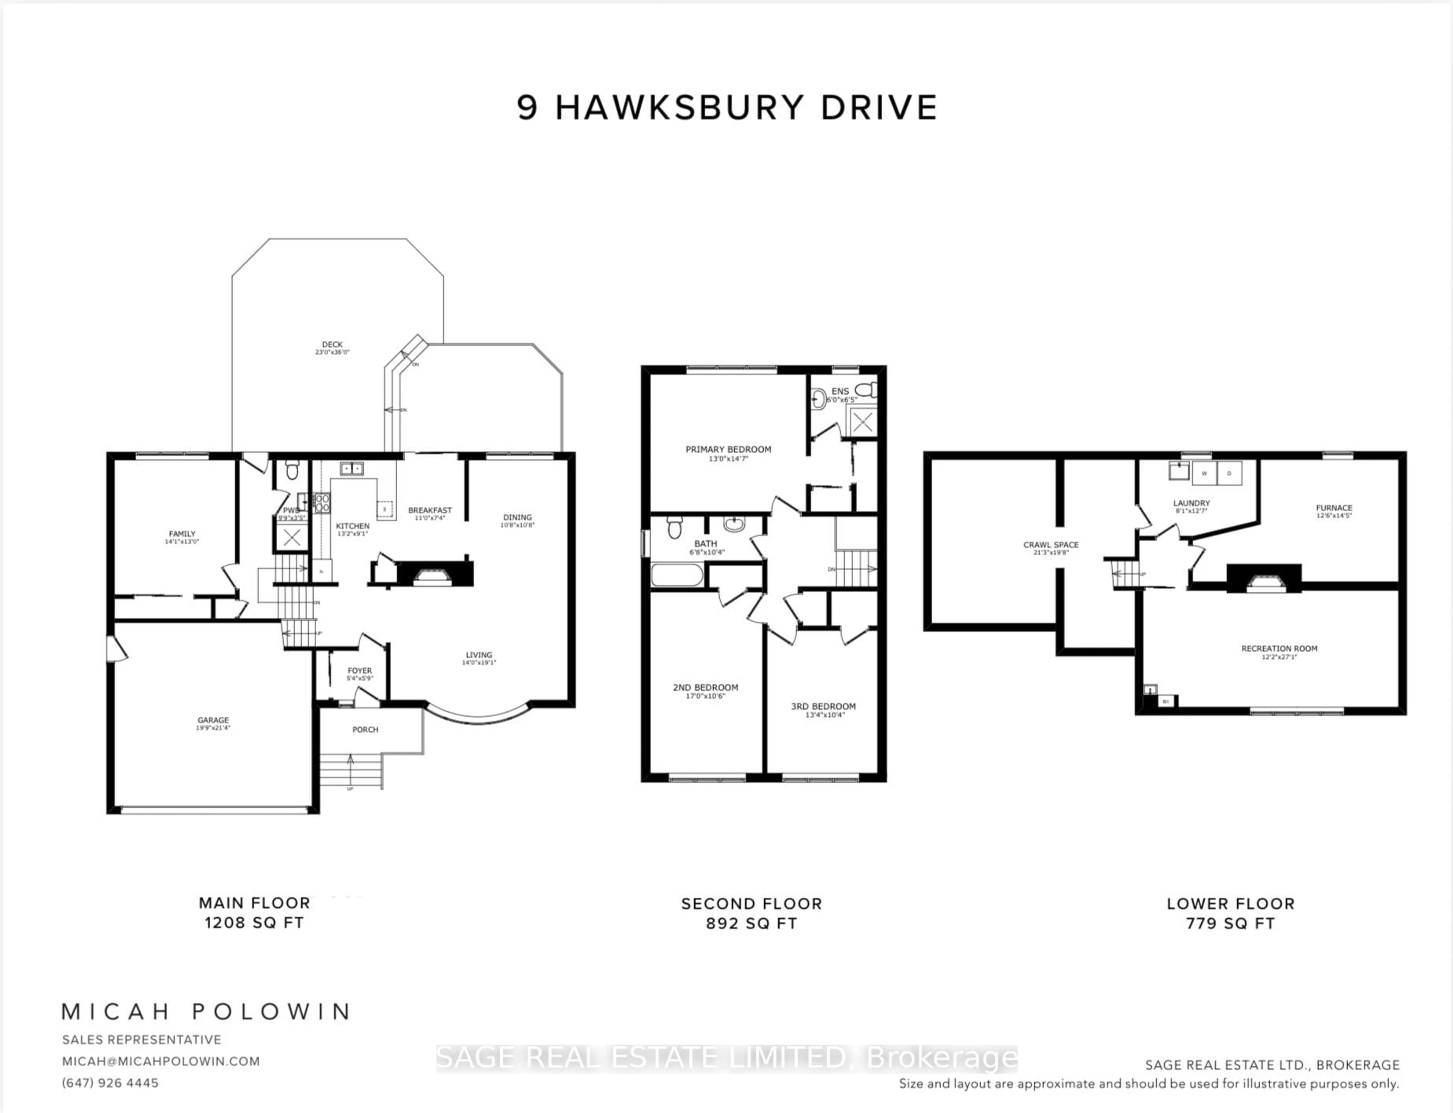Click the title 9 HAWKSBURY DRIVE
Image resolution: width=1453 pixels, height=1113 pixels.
(x=726, y=108)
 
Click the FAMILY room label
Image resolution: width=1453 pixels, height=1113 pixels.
(x=182, y=534)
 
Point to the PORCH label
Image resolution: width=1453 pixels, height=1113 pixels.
(x=365, y=729)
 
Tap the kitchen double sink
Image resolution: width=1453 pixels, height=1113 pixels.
(x=352, y=469)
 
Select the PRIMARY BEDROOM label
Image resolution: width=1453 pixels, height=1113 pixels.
(x=728, y=449)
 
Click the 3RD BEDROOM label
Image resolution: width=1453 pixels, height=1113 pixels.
(x=823, y=706)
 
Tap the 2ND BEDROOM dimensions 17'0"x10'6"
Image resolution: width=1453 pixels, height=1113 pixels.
(x=705, y=696)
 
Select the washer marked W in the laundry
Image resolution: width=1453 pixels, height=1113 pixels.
(x=1204, y=473)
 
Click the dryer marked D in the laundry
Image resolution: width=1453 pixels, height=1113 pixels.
(x=1229, y=473)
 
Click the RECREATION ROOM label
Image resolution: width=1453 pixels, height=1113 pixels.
(x=1279, y=649)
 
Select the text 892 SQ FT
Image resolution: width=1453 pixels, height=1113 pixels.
(x=751, y=923)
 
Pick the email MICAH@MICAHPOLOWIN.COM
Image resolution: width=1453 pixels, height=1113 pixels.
(x=161, y=1061)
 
